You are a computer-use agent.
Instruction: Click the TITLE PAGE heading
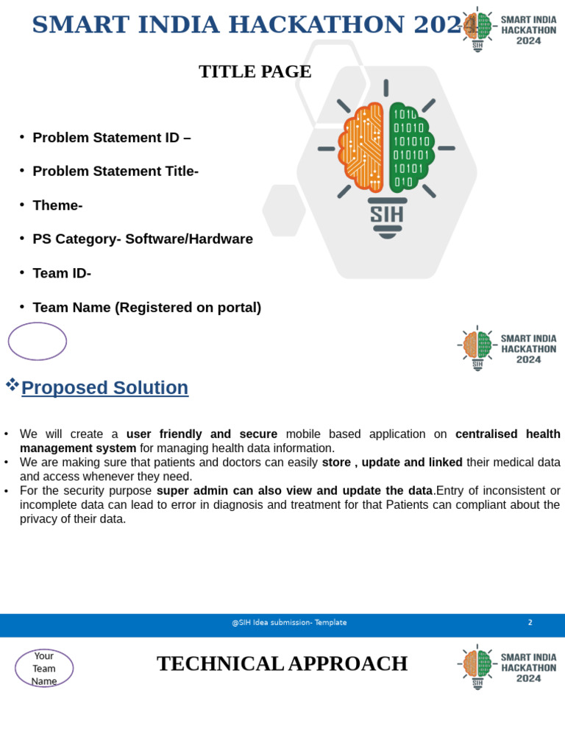(255, 71)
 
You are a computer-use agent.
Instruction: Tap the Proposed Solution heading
(104, 387)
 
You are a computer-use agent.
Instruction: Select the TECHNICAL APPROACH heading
(282, 663)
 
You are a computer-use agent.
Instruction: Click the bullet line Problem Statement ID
(111, 138)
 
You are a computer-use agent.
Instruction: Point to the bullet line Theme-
(57, 205)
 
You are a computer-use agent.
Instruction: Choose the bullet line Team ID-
(62, 273)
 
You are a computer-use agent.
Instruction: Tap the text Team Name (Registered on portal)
(146, 308)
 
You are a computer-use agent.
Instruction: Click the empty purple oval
(38, 341)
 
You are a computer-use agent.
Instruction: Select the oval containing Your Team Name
(44, 668)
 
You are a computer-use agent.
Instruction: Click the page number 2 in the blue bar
(530, 622)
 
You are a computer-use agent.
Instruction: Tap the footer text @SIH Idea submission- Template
(289, 622)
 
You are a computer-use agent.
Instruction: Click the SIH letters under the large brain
(386, 215)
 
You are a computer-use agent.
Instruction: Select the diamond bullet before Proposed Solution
(12, 384)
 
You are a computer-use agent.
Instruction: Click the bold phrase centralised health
(508, 434)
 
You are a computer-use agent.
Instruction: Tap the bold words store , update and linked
(392, 462)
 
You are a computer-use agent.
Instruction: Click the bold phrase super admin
(191, 490)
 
